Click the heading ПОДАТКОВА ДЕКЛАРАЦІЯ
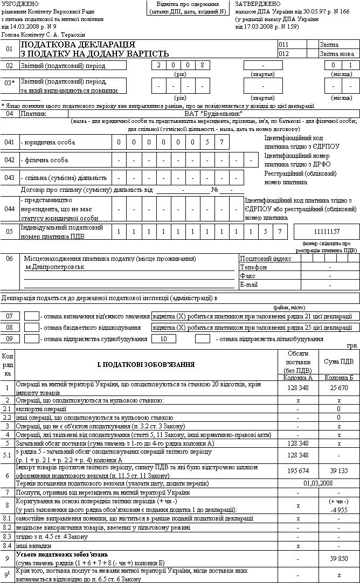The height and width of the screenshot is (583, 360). coord(78,44)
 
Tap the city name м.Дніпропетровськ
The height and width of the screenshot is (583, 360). coord(56,267)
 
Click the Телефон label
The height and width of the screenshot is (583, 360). coord(251,267)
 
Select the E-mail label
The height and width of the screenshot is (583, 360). coord(248,284)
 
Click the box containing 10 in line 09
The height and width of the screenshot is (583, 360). coord(164,339)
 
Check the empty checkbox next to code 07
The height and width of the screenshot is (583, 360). coord(32,316)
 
